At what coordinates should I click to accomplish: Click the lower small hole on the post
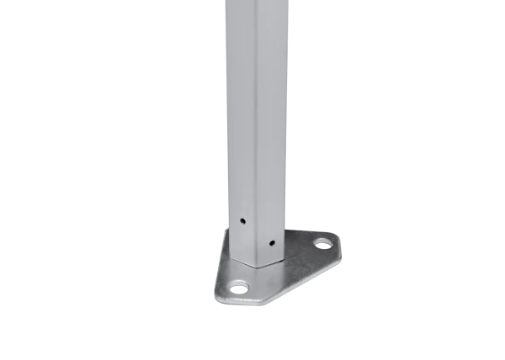271,244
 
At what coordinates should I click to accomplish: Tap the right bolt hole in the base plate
323,243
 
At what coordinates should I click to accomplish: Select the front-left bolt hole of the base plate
239,286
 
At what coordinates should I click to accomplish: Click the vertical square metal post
255,126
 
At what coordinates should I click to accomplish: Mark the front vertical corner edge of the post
256,168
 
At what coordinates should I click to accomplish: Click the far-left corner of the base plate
212,290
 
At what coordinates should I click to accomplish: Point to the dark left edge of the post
226,126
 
